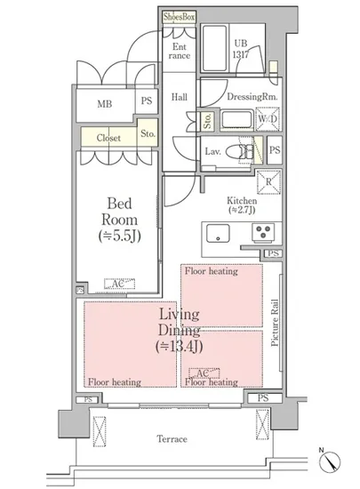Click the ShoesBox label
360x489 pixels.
(x=180, y=17)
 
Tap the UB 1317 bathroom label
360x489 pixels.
(x=241, y=49)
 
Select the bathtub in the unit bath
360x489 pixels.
(x=214, y=48)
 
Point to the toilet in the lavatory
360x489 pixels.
(x=239, y=152)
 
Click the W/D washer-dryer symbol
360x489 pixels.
(x=268, y=119)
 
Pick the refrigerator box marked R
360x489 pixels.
(x=268, y=181)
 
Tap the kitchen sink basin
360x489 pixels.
(x=218, y=233)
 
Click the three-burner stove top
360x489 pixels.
(x=263, y=232)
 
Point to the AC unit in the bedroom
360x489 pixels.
(x=119, y=284)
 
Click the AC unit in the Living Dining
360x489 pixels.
(x=204, y=373)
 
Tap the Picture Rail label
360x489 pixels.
(x=275, y=323)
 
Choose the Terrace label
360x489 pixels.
(x=172, y=439)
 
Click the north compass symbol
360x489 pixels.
(x=330, y=461)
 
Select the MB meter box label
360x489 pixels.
(x=105, y=104)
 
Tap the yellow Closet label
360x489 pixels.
(x=108, y=138)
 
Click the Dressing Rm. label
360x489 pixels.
(x=252, y=97)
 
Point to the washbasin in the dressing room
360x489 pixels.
(x=236, y=120)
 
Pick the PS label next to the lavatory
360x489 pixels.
(x=275, y=150)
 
